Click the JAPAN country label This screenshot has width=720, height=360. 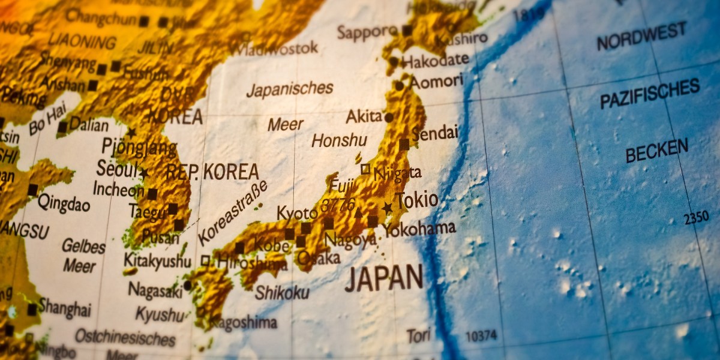pyautogui.click(x=384, y=278)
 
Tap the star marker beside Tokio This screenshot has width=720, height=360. pyautogui.click(x=388, y=208)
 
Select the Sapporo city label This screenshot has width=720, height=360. pyautogui.click(x=367, y=31)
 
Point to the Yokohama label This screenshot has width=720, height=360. pyautogui.click(x=419, y=229)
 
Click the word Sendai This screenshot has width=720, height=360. pyautogui.click(x=434, y=133)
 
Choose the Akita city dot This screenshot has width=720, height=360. pyautogui.click(x=389, y=118)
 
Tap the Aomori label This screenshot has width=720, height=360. pyautogui.click(x=436, y=82)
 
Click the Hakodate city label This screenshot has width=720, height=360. pyautogui.click(x=435, y=60)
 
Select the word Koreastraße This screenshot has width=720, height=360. pyautogui.click(x=232, y=212)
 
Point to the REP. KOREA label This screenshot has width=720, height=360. pyautogui.click(x=212, y=172)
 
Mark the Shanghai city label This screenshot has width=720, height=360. pyautogui.click(x=65, y=308)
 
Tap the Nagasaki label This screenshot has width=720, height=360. pyautogui.click(x=155, y=290)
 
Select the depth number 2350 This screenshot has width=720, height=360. pyautogui.click(x=696, y=218)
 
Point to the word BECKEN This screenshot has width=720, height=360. pyautogui.click(x=656, y=151)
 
